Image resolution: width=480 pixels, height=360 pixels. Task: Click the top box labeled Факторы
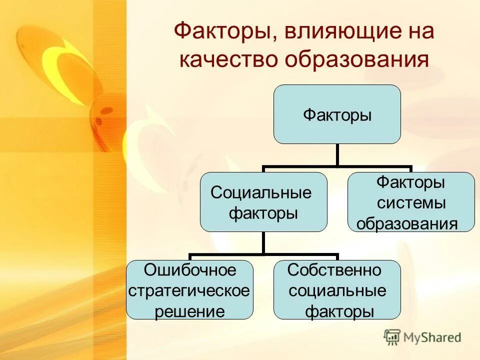tap(337, 114)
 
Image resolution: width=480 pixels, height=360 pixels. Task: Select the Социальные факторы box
tap(263, 202)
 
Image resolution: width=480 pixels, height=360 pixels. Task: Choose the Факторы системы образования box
tap(411, 202)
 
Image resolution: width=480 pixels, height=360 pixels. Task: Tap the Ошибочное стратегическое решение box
tap(189, 290)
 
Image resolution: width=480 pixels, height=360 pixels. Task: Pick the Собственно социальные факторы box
tap(337, 290)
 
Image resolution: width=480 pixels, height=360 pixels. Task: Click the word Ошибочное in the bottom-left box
tap(189, 270)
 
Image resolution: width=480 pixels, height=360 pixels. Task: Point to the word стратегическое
tap(189, 290)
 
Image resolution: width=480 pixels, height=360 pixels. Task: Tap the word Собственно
tap(335, 270)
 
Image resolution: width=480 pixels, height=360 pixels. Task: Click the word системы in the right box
tap(411, 203)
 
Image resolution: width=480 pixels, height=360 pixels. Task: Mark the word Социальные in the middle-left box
tap(261, 192)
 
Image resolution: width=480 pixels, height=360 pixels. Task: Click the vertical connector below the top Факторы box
tap(337, 155)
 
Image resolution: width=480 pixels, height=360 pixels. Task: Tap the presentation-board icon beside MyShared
tap(392, 337)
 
